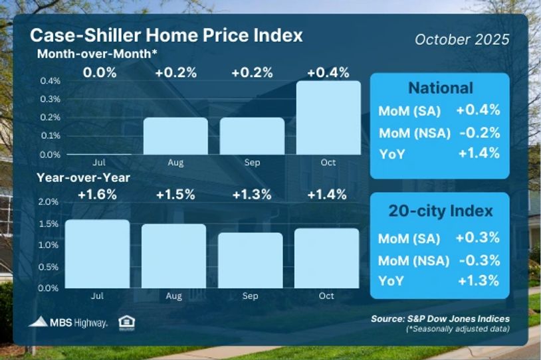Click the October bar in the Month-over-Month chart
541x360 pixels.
point(328,118)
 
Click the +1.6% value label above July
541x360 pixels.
point(98,195)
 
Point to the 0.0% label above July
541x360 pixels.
point(99,72)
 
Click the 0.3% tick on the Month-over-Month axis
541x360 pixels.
point(51,99)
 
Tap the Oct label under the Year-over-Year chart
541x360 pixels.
point(326,296)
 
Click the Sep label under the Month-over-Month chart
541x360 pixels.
point(251,161)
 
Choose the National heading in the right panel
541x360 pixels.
point(440,88)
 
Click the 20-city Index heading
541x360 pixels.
point(440,211)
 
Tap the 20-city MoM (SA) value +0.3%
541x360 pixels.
point(477,238)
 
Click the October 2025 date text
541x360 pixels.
point(462,39)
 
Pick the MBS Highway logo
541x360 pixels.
point(68,323)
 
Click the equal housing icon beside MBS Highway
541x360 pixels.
point(124,323)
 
